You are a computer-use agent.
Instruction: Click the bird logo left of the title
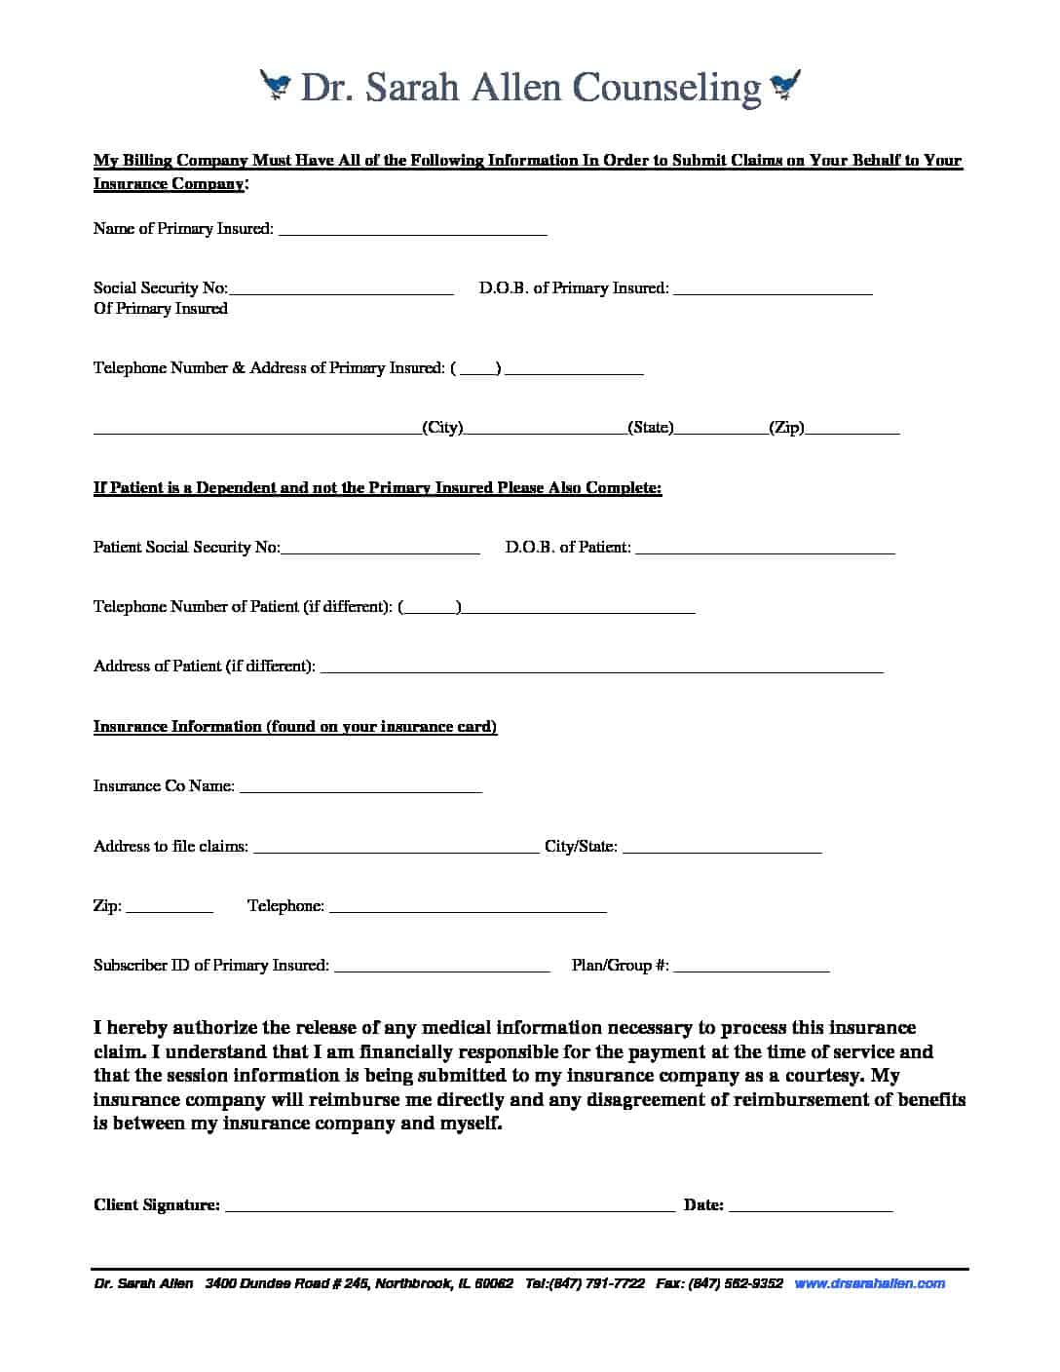coord(276,86)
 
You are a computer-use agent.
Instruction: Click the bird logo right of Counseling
coord(785,86)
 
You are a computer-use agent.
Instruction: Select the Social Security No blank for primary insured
coord(341,290)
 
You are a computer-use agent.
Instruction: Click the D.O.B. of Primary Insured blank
coord(773,290)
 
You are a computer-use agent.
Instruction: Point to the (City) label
coord(442,428)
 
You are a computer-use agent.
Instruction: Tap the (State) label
coord(650,428)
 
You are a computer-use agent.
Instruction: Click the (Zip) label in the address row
coord(786,428)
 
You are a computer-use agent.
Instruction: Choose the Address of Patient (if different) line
coord(601,669)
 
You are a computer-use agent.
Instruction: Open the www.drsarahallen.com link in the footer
coord(870,1283)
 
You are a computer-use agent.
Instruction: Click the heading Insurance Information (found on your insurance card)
coord(295,727)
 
